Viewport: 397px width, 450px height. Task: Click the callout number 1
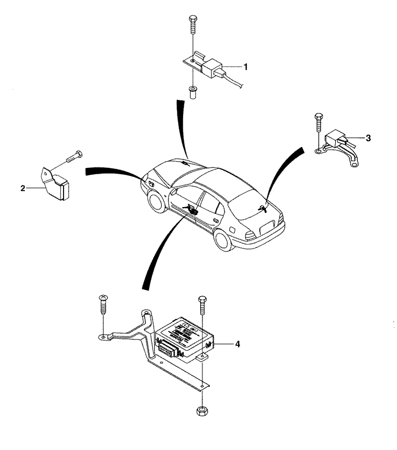[246, 66]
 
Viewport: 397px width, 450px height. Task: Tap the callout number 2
[23, 188]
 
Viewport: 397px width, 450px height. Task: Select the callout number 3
[368, 138]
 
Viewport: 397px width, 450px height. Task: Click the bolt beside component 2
[71, 157]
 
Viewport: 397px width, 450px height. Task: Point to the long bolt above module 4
[202, 309]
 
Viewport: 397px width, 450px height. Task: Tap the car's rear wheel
[225, 241]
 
